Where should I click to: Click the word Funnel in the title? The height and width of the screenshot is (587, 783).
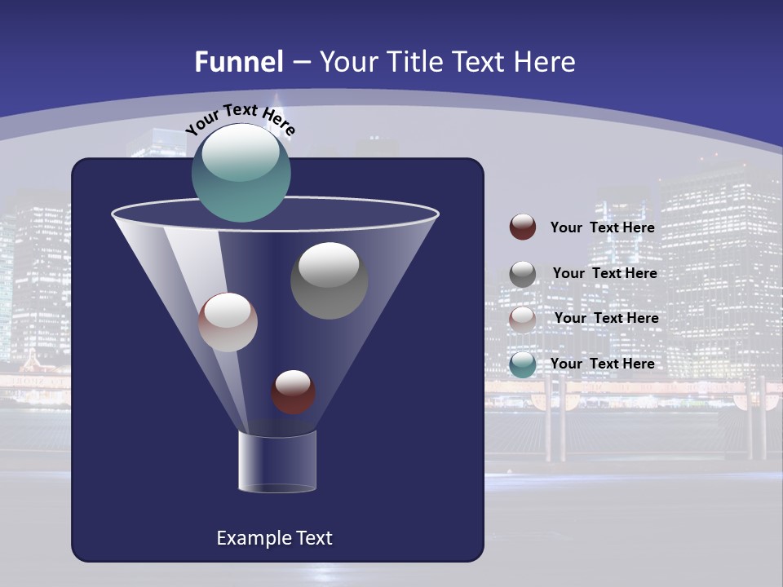(x=239, y=62)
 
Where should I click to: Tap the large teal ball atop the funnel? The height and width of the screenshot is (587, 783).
(x=241, y=174)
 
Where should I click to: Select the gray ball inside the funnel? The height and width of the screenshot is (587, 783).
(x=330, y=280)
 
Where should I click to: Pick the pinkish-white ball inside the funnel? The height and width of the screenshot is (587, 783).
(x=228, y=323)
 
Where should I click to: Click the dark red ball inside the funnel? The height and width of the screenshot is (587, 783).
(x=294, y=392)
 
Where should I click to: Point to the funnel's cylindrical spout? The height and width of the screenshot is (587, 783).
(x=277, y=462)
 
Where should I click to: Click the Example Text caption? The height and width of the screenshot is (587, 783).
(x=274, y=538)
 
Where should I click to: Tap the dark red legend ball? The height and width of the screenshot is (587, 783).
(x=523, y=227)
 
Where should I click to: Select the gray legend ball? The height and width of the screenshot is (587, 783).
(x=523, y=274)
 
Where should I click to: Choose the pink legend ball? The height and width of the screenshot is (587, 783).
(x=523, y=319)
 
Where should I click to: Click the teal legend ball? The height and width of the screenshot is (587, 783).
(x=523, y=364)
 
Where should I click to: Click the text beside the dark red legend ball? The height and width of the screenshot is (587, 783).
(x=603, y=227)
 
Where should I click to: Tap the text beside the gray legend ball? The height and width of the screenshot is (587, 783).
(x=604, y=273)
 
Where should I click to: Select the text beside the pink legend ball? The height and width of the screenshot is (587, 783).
(x=606, y=318)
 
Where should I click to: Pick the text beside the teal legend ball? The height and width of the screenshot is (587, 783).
(x=603, y=364)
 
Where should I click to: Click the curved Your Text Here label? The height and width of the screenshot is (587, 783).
(x=241, y=117)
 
